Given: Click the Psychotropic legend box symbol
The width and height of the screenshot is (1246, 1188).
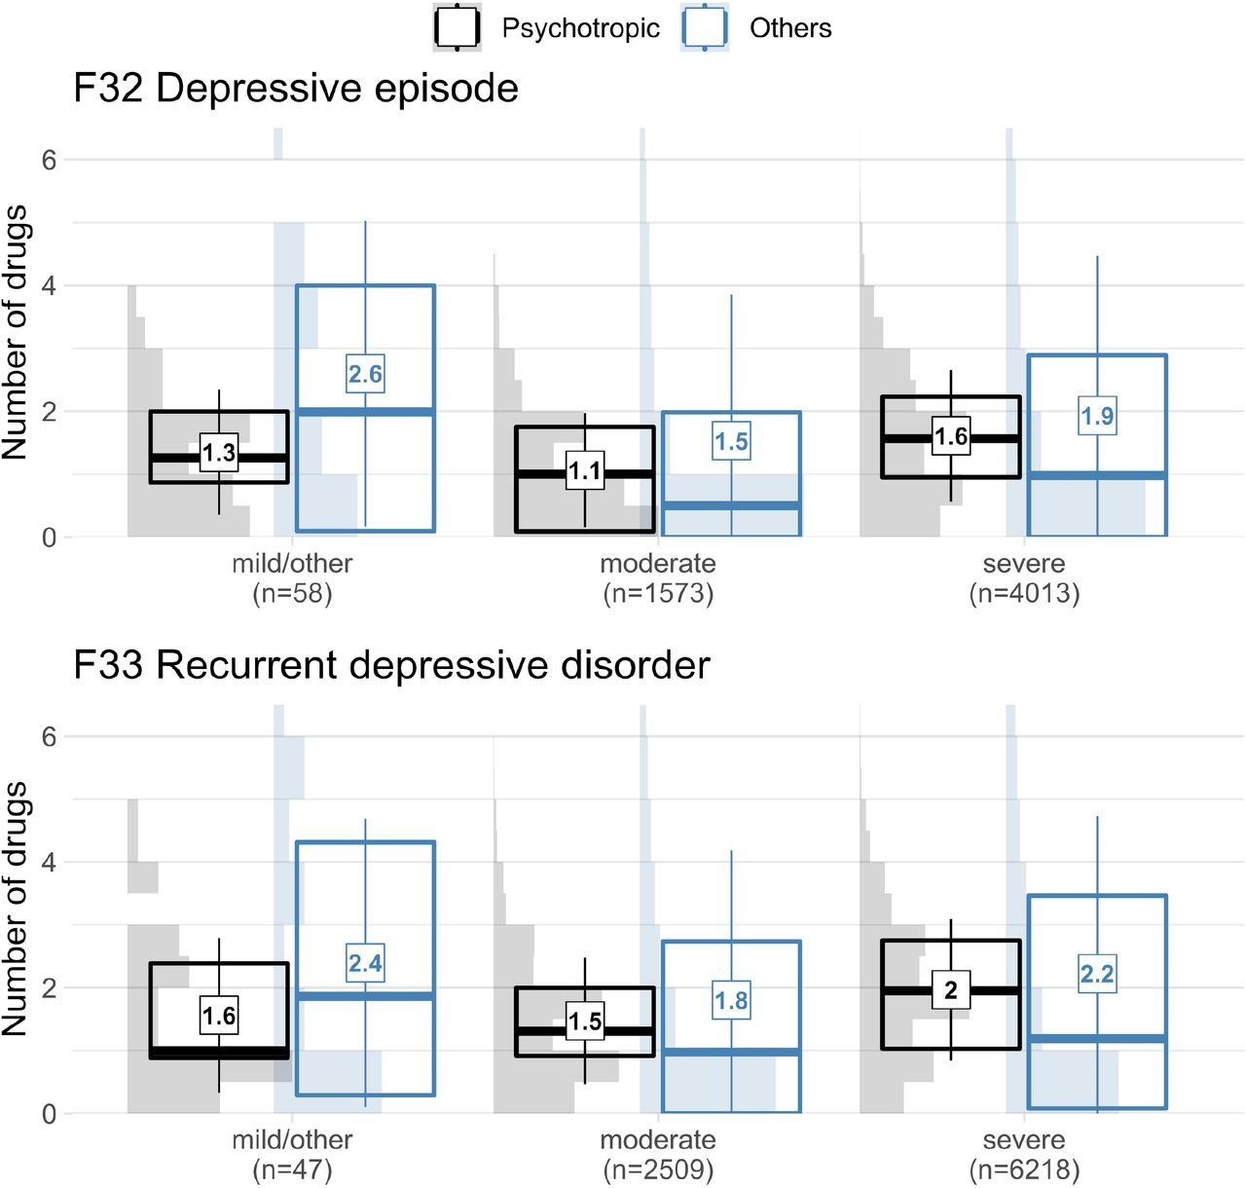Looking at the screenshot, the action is (x=457, y=28).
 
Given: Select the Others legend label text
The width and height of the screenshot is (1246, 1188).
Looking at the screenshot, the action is (x=790, y=28).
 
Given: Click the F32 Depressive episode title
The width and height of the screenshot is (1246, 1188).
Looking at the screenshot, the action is (x=296, y=88).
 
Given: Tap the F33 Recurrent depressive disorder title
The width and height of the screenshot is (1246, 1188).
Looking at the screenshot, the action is (x=391, y=665).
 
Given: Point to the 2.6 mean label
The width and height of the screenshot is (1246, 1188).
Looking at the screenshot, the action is (x=365, y=374).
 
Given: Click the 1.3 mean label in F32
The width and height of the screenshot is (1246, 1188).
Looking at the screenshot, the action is (x=219, y=453).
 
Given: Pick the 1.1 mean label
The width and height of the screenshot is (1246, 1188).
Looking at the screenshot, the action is (x=584, y=470).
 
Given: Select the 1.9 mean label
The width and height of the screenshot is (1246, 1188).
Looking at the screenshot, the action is (x=1097, y=416).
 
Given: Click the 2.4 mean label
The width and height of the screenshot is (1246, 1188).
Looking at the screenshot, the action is (x=365, y=963).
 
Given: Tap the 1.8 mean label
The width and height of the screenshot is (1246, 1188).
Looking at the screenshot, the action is (x=731, y=1000).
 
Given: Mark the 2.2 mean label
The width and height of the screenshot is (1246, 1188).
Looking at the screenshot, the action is (x=1097, y=973).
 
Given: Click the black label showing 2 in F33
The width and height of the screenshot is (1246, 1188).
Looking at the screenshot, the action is (x=951, y=989).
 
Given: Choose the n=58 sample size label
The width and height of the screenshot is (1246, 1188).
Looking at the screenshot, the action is (x=292, y=593).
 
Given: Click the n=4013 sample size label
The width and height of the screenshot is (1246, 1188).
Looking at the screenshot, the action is (x=1024, y=593).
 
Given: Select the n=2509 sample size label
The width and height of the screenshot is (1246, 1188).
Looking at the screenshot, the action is (x=658, y=1170).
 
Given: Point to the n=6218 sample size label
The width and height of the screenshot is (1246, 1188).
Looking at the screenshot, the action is (x=1024, y=1170).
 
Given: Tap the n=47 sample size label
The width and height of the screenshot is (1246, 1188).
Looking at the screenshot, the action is (x=292, y=1170).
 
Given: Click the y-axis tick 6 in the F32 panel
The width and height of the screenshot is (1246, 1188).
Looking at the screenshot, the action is (x=49, y=160).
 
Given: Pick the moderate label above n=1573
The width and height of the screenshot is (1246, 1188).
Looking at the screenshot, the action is (x=658, y=563).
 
